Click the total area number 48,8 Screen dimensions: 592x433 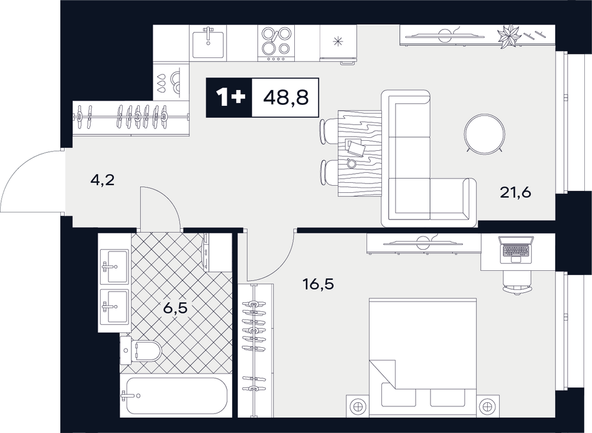pyautogui.click(x=286, y=98)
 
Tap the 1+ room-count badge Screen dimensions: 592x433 pyautogui.click(x=229, y=98)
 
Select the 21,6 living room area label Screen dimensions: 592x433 pyautogui.click(x=516, y=193)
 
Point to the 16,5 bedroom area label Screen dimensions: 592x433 pyautogui.click(x=318, y=284)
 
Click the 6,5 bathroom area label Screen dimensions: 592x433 pyautogui.click(x=175, y=308)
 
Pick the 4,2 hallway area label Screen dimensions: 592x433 pyautogui.click(x=102, y=180)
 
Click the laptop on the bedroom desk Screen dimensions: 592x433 pyautogui.click(x=516, y=250)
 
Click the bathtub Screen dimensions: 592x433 pyautogui.click(x=176, y=396)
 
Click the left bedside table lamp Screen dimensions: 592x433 pyautogui.click(x=358, y=406)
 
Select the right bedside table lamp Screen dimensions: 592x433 pyautogui.click(x=487, y=406)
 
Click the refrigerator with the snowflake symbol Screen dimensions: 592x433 pyautogui.click(x=338, y=42)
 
